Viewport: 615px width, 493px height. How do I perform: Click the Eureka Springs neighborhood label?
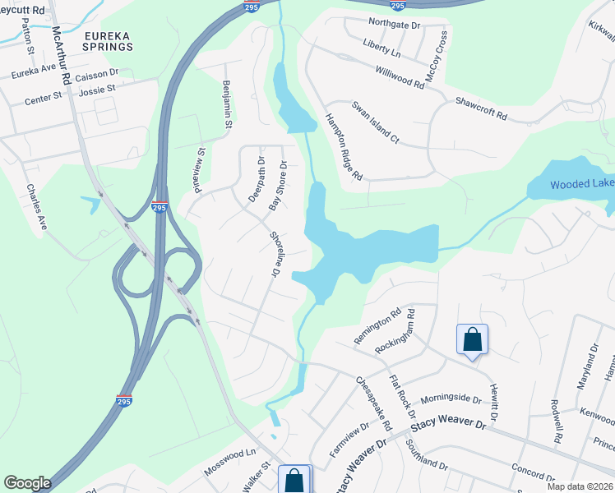tap(108, 41)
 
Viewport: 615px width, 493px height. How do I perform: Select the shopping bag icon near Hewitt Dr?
tap(473, 340)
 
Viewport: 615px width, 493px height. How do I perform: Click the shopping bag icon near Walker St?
tap(294, 480)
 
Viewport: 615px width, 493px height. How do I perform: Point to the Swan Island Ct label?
tap(375, 122)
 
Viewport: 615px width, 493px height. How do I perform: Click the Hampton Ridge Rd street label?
tap(344, 146)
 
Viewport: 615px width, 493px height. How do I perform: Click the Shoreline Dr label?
tap(275, 252)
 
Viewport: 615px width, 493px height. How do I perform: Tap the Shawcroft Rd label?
tap(481, 109)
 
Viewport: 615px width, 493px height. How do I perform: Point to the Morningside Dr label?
tap(451, 399)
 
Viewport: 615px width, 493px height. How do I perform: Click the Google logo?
tap(27, 483)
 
